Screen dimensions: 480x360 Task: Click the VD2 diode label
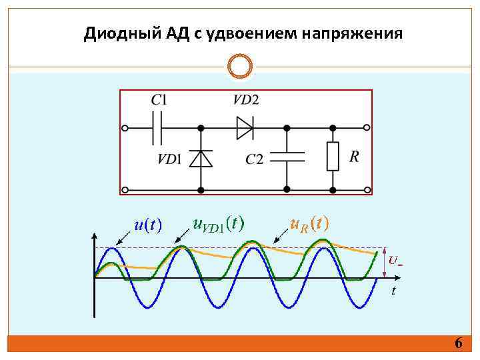[x=246, y=100]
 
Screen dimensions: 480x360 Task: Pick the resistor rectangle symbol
[x=332, y=156]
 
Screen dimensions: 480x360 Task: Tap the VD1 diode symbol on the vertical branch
[x=201, y=158]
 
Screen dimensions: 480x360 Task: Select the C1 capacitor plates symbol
[x=158, y=127]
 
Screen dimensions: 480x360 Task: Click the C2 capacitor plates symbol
[x=287, y=157]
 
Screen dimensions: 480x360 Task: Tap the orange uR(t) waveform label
[x=309, y=223]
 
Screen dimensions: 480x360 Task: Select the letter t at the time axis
[x=393, y=290]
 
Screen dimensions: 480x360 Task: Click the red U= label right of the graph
[x=395, y=260]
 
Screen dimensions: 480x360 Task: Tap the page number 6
[x=458, y=343]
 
